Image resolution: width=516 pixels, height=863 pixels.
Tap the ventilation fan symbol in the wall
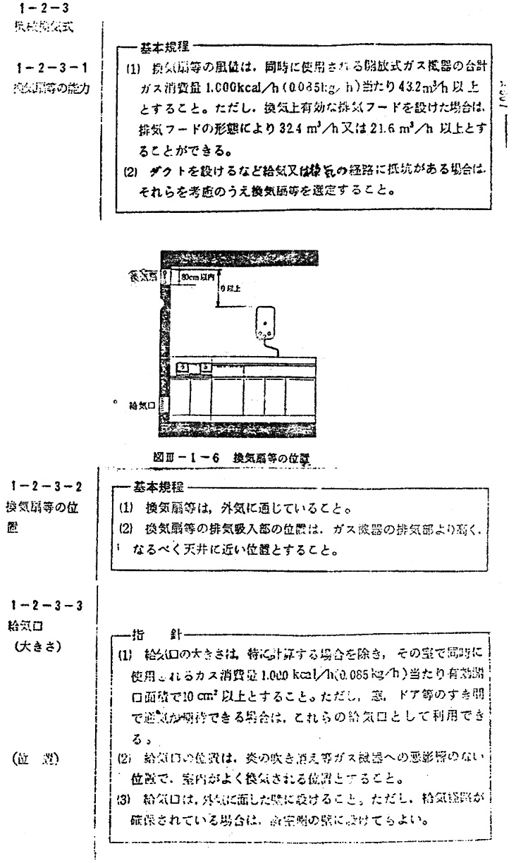click(x=165, y=277)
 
